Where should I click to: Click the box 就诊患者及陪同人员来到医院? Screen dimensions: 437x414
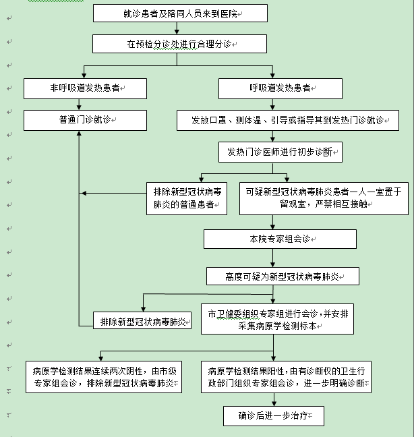(x=180, y=13)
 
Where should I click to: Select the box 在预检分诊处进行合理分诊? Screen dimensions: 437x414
(x=180, y=44)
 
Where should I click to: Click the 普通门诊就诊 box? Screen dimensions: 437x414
(x=85, y=120)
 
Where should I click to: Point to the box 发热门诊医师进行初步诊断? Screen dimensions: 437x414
(x=280, y=152)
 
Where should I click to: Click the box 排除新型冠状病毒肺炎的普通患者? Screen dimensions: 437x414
(x=187, y=198)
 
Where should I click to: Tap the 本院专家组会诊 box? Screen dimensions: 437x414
(x=280, y=239)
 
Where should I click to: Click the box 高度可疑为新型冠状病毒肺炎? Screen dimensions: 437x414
(x=282, y=276)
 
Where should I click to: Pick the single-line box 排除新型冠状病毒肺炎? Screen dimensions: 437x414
(x=141, y=320)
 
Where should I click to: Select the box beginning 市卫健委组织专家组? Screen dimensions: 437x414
(x=278, y=319)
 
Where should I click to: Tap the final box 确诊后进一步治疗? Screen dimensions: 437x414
(x=273, y=415)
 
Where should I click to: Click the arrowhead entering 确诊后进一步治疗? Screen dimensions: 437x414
(x=272, y=403)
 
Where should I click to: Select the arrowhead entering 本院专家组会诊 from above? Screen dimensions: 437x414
(x=272, y=227)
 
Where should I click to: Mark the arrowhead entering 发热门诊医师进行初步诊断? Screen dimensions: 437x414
(x=272, y=140)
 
